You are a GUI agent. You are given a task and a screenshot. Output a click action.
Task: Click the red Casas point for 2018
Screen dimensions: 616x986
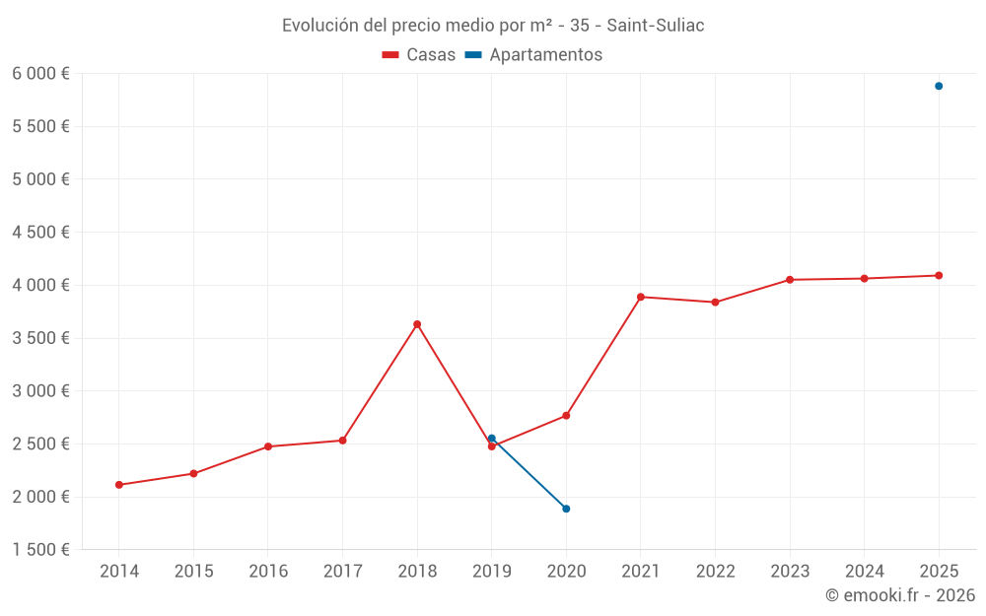[x=417, y=324]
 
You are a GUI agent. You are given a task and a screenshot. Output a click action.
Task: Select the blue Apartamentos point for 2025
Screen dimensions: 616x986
[x=939, y=86]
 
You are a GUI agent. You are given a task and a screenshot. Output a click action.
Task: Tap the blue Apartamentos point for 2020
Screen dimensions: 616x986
[x=566, y=509]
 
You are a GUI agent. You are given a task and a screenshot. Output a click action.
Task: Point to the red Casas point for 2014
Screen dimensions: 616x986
[x=118, y=485]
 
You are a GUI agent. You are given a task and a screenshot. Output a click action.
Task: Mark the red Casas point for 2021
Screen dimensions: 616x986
[x=641, y=297]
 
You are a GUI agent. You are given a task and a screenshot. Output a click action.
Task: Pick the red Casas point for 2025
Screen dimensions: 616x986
[x=939, y=275]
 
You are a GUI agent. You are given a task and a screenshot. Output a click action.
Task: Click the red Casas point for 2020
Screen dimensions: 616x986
[x=566, y=416]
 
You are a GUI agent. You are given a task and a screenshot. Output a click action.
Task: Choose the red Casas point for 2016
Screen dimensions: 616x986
[x=268, y=446]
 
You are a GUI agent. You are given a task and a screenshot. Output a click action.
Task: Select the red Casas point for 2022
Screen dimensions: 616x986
[x=715, y=303]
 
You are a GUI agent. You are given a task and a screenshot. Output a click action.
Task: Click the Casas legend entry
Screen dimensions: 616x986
[x=420, y=55]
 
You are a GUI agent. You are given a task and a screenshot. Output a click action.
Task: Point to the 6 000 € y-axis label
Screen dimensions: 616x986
[x=40, y=74]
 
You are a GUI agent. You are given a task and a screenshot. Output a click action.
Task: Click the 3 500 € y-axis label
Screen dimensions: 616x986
[x=40, y=338]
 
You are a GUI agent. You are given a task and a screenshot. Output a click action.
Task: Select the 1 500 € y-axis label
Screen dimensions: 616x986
[x=40, y=550]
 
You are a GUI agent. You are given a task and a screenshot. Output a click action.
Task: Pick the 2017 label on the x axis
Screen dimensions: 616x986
[x=342, y=571]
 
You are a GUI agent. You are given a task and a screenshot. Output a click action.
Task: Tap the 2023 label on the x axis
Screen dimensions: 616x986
[x=790, y=571]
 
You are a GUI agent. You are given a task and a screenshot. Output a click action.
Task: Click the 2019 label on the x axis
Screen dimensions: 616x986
[x=491, y=571]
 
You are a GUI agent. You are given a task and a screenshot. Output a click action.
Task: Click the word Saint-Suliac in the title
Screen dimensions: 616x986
[x=656, y=26]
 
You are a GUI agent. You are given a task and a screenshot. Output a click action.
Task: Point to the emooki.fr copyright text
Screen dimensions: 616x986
[x=900, y=595]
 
